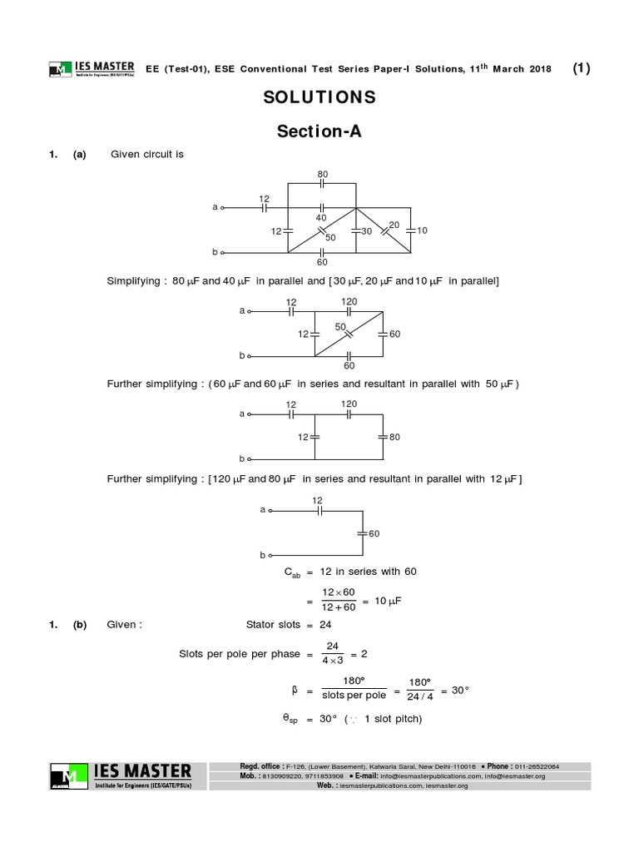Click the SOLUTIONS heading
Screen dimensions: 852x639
click(319, 97)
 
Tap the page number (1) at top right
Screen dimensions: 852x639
click(582, 69)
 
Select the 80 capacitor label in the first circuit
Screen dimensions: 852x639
click(323, 175)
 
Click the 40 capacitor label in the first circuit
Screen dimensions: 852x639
click(321, 218)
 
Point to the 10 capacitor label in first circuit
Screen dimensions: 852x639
click(422, 230)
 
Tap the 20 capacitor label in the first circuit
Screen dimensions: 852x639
click(394, 225)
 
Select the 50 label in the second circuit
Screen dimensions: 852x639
click(339, 327)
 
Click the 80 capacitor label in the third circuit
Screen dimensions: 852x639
click(394, 435)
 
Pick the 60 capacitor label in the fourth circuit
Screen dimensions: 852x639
click(374, 532)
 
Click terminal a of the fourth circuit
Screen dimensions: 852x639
click(263, 509)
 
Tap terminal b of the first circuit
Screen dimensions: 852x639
click(216, 251)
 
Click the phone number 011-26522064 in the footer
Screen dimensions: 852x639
click(537, 765)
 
